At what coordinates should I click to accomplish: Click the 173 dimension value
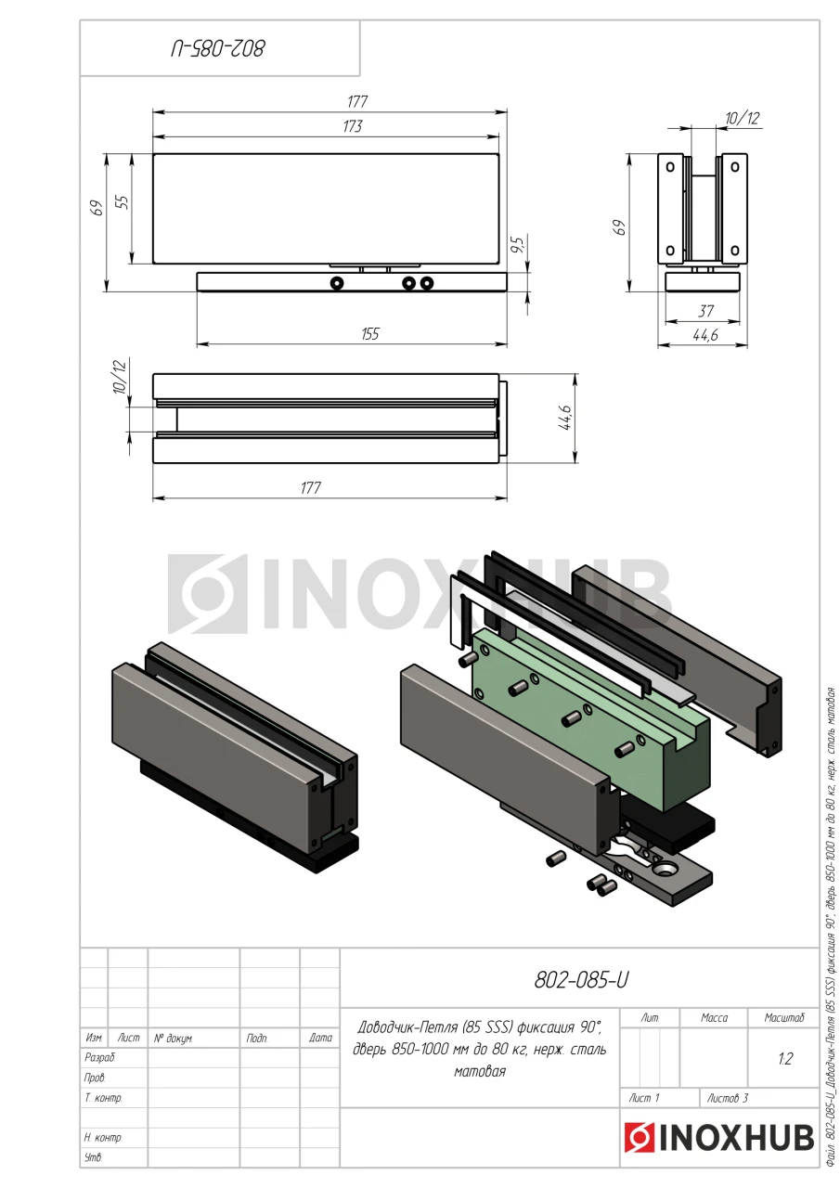[x=353, y=126]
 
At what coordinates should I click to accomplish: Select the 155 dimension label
[x=370, y=333]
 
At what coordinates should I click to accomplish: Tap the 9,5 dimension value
[x=518, y=244]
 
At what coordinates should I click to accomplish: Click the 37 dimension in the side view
[x=705, y=311]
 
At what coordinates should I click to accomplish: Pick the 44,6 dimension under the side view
[x=705, y=335]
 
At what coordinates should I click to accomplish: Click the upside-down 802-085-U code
[x=218, y=49]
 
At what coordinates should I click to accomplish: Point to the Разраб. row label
[x=100, y=1057]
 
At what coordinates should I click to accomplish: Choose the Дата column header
[x=320, y=1038]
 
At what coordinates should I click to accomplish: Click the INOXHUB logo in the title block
[x=718, y=1137]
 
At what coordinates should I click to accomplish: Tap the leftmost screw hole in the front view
[x=336, y=283]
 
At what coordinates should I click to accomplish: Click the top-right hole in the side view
[x=734, y=167]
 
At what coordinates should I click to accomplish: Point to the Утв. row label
[x=94, y=1156]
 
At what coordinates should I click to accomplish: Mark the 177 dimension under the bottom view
[x=311, y=487]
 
